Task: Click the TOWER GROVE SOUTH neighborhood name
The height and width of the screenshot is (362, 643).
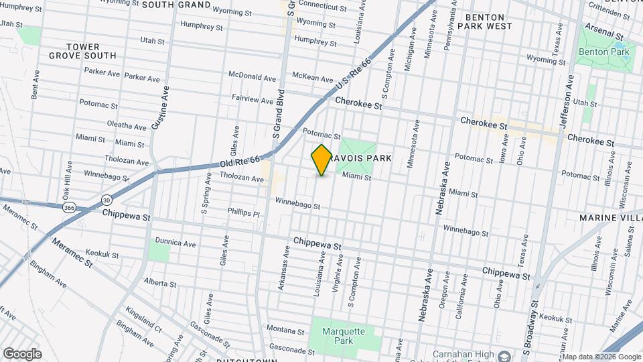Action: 82,51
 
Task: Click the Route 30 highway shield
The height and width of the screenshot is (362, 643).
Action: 107,200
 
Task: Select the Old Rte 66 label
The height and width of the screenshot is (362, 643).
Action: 239,162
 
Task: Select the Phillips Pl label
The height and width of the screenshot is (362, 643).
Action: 243,214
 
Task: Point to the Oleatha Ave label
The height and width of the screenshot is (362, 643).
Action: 127,125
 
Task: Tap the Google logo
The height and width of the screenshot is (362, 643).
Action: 22,353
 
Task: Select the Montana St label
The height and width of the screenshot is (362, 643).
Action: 286,330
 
